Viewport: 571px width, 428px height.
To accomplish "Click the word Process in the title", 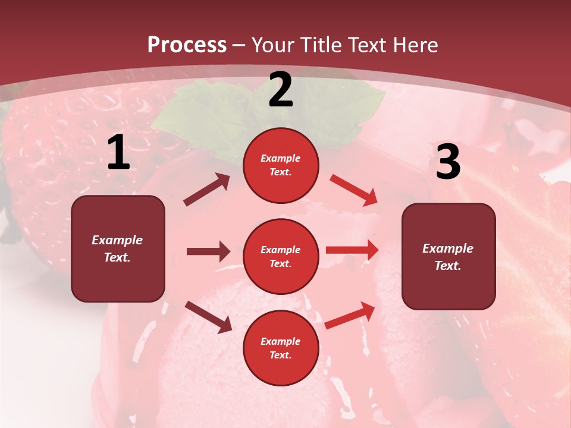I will [187, 45].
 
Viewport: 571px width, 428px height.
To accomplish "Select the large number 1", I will [118, 153].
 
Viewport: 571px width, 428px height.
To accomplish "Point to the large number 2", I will [281, 90].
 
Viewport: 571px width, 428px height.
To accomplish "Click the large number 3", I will [448, 162].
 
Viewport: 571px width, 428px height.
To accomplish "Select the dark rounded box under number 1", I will [118, 248].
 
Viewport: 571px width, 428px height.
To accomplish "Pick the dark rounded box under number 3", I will [448, 257].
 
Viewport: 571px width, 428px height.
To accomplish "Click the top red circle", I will [281, 165].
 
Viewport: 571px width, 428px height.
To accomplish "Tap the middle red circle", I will [281, 256].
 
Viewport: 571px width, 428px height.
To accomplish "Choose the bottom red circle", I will [281, 348].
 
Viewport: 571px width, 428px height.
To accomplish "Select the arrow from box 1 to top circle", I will [206, 190].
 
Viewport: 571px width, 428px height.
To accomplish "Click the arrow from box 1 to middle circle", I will [208, 251].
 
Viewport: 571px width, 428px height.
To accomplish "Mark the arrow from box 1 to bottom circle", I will [208, 316].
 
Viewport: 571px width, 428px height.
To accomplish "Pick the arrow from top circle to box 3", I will [354, 190].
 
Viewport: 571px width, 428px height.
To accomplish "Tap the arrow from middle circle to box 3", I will [352, 250].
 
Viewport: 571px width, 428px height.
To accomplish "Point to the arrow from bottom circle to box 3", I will [350, 315].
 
